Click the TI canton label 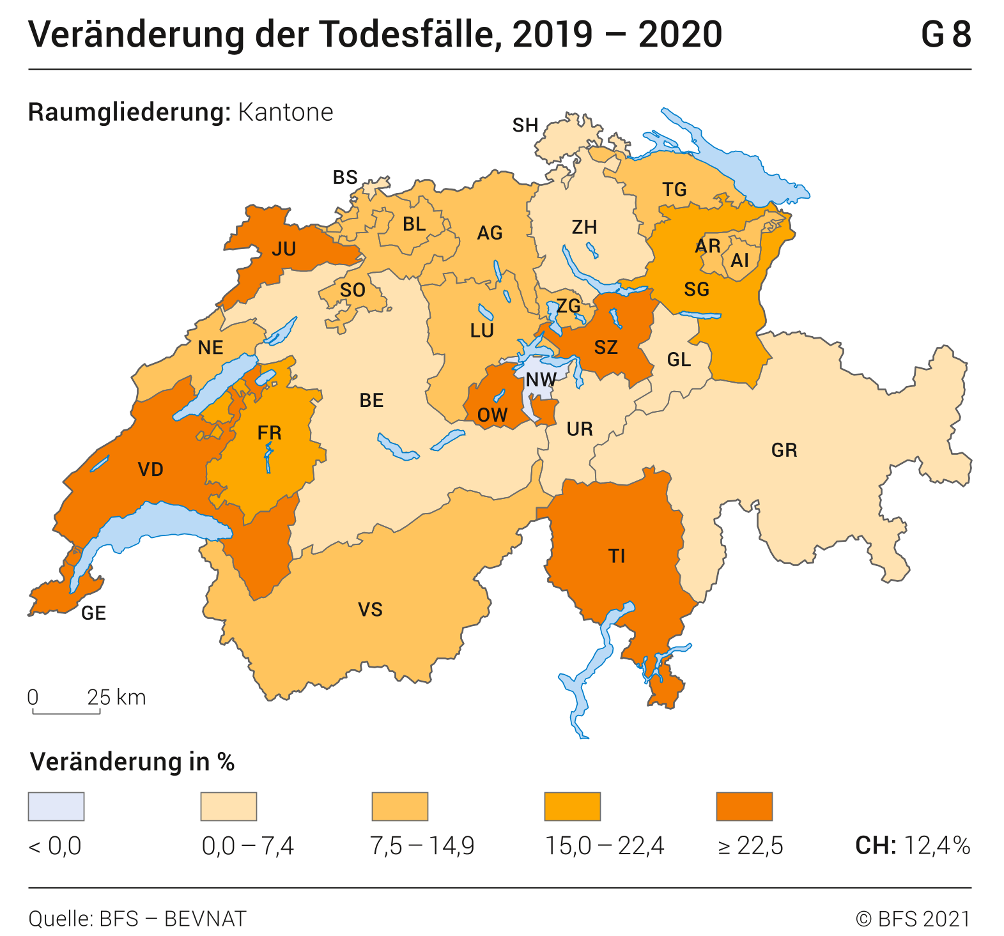pos(616,556)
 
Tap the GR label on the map pos(784,450)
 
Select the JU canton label pos(284,249)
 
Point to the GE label pos(93,613)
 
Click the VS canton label pos(370,610)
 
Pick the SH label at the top pos(525,125)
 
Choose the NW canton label pos(541,380)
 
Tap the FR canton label pos(269,433)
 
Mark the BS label pos(345,177)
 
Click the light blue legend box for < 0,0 pos(56,806)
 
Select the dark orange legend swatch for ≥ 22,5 pos(744,806)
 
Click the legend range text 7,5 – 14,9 pos(422,846)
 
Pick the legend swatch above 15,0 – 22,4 pos(572,806)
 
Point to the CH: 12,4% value pos(913,846)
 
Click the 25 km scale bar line pos(66,712)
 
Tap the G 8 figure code pos(945,35)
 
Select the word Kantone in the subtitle pos(286,112)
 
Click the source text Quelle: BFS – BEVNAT pos(137,919)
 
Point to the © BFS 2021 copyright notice pos(913,919)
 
